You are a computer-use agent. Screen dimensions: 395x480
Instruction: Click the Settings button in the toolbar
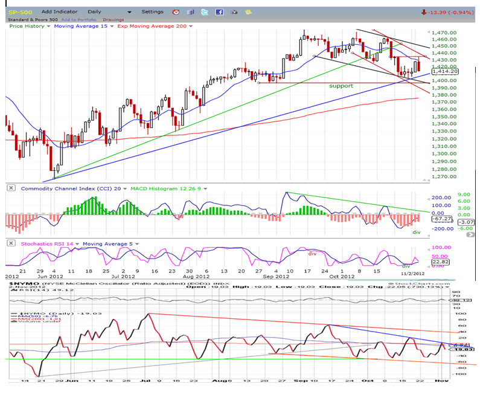pos(152,11)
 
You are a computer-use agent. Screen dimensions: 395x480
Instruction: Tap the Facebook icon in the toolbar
pos(219,11)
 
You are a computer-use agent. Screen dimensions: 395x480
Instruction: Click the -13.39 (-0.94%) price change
pos(447,11)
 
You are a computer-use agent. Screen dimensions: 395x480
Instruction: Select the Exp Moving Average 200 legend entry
pos(154,26)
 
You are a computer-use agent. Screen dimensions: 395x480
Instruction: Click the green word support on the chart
pos(341,86)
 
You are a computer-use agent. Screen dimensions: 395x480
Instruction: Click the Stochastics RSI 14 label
pos(47,243)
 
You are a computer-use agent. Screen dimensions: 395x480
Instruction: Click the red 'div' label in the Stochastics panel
pos(313,254)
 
